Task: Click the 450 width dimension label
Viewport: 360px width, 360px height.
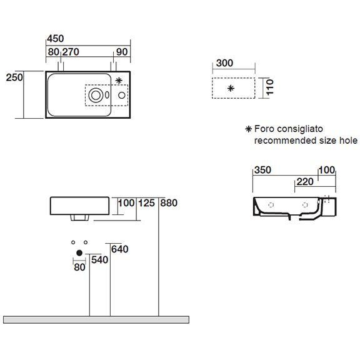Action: (56, 39)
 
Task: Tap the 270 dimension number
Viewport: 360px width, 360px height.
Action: (71, 52)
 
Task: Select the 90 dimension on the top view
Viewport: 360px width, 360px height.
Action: (122, 52)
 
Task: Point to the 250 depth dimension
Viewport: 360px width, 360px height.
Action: (14, 77)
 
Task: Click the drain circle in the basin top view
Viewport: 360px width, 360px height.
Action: (96, 95)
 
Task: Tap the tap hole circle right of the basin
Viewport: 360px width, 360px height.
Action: (122, 95)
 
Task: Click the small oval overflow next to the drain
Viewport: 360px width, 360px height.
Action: (107, 95)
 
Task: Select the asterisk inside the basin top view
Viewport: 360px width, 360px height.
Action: (119, 81)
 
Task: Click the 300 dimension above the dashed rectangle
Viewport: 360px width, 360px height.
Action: (224, 63)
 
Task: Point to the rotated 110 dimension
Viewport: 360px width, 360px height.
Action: (270, 87)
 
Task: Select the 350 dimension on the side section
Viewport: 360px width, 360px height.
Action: (263, 170)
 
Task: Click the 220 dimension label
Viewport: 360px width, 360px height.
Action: (305, 182)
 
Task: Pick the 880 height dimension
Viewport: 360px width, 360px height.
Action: (169, 203)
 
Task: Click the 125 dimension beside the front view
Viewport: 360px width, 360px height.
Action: (147, 203)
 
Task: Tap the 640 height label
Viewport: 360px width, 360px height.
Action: (119, 249)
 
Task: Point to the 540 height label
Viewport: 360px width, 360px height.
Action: (99, 260)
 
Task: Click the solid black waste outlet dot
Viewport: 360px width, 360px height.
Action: (79, 253)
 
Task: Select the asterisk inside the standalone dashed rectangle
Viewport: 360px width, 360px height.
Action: (231, 88)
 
